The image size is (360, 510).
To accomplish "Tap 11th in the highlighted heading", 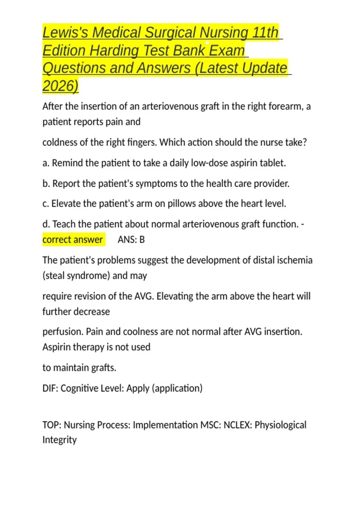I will click(x=265, y=32).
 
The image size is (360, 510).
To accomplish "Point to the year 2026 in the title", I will click(x=60, y=86).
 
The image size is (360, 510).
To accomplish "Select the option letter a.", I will click(x=46, y=163).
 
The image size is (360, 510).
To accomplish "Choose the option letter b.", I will click(x=46, y=183).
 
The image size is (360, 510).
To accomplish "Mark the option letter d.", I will click(x=46, y=224).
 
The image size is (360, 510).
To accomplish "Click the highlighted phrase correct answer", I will click(x=73, y=240).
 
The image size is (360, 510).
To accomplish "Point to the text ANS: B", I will click(x=131, y=240).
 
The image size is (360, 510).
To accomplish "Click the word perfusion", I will click(x=62, y=332).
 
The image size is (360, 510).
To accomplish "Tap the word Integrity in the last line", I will click(x=59, y=440).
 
